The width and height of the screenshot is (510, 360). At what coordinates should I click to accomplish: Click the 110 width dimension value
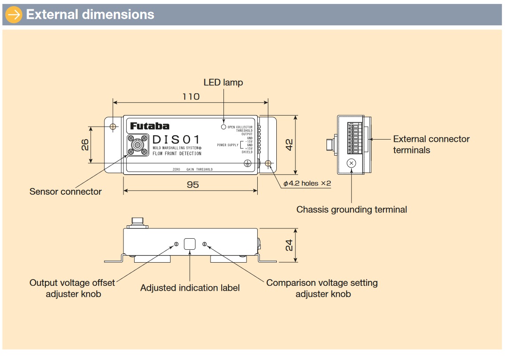tap(191, 96)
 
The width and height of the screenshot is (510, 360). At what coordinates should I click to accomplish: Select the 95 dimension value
tap(193, 184)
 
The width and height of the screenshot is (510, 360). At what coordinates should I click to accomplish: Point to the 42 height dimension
tap(289, 145)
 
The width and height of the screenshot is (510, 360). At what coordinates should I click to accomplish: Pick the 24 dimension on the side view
tap(289, 245)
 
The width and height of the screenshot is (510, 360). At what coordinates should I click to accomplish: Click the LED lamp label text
tap(223, 82)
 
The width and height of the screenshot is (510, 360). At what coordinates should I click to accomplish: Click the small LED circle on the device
tap(223, 127)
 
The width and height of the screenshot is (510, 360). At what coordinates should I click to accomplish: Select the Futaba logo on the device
tap(150, 126)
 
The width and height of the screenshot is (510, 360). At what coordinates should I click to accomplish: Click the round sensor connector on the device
tap(138, 145)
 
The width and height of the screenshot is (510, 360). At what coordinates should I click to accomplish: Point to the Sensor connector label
tap(65, 192)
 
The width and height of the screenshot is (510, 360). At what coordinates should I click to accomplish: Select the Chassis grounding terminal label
tap(351, 209)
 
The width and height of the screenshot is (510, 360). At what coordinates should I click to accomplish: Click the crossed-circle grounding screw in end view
tap(351, 163)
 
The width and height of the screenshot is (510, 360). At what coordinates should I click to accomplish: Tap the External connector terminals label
tap(431, 144)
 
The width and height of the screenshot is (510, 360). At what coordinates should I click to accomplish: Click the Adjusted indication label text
tap(190, 288)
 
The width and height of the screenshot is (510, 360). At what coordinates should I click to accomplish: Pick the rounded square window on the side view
tap(190, 244)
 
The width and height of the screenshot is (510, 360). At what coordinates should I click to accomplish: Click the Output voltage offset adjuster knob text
tap(72, 288)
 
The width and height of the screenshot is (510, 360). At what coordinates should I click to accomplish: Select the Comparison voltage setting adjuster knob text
tap(322, 288)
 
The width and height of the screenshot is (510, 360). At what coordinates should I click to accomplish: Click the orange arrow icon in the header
tap(14, 15)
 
